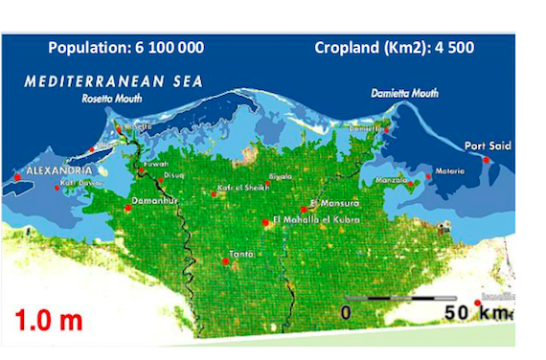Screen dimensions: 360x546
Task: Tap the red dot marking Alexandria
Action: [x=17, y=176]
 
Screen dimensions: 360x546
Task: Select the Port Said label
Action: [x=488, y=146]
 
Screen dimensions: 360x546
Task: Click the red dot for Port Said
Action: [x=487, y=160]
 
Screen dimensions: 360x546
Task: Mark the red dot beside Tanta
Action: [x=225, y=261]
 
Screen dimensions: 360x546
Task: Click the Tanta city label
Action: [x=240, y=253]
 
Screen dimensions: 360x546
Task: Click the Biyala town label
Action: [x=281, y=177]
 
